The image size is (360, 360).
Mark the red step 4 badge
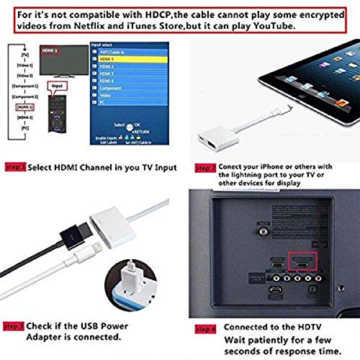click(204, 329)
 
